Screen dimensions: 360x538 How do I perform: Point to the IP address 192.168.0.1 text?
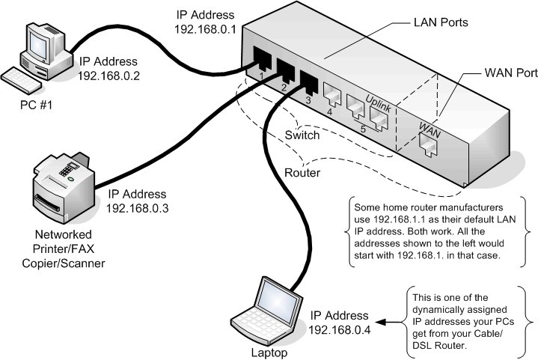(x=205, y=22)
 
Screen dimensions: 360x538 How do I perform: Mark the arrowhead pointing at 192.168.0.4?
(x=379, y=323)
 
